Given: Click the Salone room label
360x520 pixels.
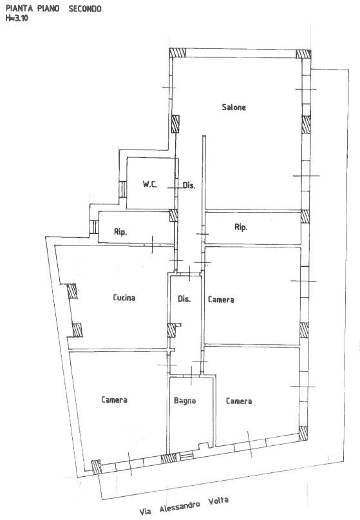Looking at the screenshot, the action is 234,107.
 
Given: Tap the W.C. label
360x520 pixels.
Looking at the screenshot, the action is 150,184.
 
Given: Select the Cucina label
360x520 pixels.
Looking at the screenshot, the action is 124,298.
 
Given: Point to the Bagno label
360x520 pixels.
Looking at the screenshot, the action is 185,401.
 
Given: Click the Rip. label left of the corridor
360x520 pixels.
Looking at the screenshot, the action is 120,232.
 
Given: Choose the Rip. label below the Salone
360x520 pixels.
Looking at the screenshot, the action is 241,227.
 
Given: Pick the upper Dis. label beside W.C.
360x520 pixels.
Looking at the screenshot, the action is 189,185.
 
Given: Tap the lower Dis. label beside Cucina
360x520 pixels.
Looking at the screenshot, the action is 184,299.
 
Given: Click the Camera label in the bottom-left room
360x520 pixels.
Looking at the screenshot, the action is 115,400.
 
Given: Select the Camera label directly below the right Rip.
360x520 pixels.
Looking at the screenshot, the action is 221,300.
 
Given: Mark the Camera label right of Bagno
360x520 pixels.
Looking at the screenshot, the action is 239,401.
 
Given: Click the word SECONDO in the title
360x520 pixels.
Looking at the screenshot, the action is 85,9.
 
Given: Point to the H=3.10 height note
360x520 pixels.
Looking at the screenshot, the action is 17,18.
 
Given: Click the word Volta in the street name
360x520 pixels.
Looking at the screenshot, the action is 218,501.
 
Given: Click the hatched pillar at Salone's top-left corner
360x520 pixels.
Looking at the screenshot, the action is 177,53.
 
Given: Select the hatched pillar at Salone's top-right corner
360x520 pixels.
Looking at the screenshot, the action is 303,54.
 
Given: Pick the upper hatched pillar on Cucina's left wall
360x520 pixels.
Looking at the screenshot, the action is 72,291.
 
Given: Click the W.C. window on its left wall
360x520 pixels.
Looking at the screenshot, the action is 122,189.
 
